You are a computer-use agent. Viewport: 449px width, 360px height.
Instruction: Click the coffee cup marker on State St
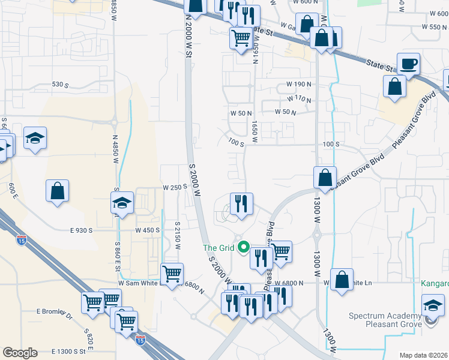(408, 63)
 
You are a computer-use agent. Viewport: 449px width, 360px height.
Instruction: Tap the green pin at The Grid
(244, 247)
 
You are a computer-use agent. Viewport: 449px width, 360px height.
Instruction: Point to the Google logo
(20, 353)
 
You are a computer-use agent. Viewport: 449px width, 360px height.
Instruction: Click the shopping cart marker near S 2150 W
(172, 274)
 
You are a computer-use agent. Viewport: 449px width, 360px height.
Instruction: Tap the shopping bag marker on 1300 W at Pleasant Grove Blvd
(325, 178)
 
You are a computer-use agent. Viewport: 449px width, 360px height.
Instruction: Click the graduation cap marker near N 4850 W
(122, 203)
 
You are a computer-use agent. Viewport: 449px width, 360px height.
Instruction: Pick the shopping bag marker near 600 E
(58, 191)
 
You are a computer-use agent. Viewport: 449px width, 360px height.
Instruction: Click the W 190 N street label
(298, 84)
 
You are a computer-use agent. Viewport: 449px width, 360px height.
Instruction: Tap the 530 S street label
(61, 85)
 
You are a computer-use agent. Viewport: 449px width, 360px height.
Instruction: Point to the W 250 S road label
(176, 187)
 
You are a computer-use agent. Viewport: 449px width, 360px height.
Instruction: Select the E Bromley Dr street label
(54, 312)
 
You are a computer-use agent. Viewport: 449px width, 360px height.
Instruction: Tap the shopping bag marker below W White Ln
(342, 280)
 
